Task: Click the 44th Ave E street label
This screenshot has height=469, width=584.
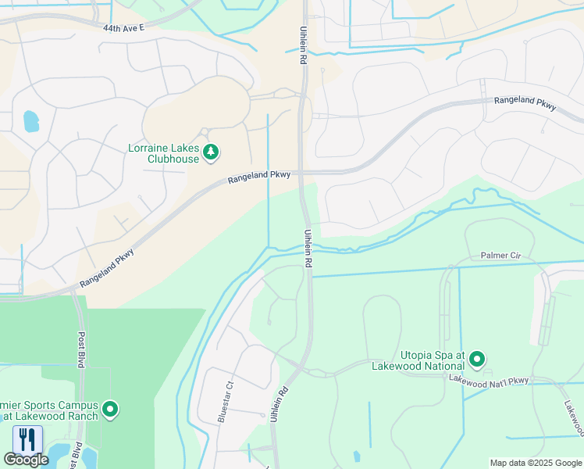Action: click(x=124, y=27)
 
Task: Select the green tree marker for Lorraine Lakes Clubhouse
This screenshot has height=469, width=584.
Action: click(x=210, y=152)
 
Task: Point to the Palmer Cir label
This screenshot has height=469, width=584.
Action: click(x=500, y=256)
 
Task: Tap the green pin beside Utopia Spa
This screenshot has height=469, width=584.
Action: click(x=476, y=360)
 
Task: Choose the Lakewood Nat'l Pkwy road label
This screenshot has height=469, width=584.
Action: click(x=488, y=379)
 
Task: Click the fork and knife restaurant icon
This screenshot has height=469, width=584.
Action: click(x=27, y=439)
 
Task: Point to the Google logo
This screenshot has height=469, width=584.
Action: click(x=26, y=460)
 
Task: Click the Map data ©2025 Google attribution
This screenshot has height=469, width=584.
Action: click(x=535, y=463)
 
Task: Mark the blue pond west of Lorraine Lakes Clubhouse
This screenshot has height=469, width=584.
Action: click(x=30, y=120)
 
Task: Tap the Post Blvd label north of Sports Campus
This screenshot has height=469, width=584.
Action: click(x=81, y=349)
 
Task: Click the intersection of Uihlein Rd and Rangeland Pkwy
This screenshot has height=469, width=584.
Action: click(x=303, y=173)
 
